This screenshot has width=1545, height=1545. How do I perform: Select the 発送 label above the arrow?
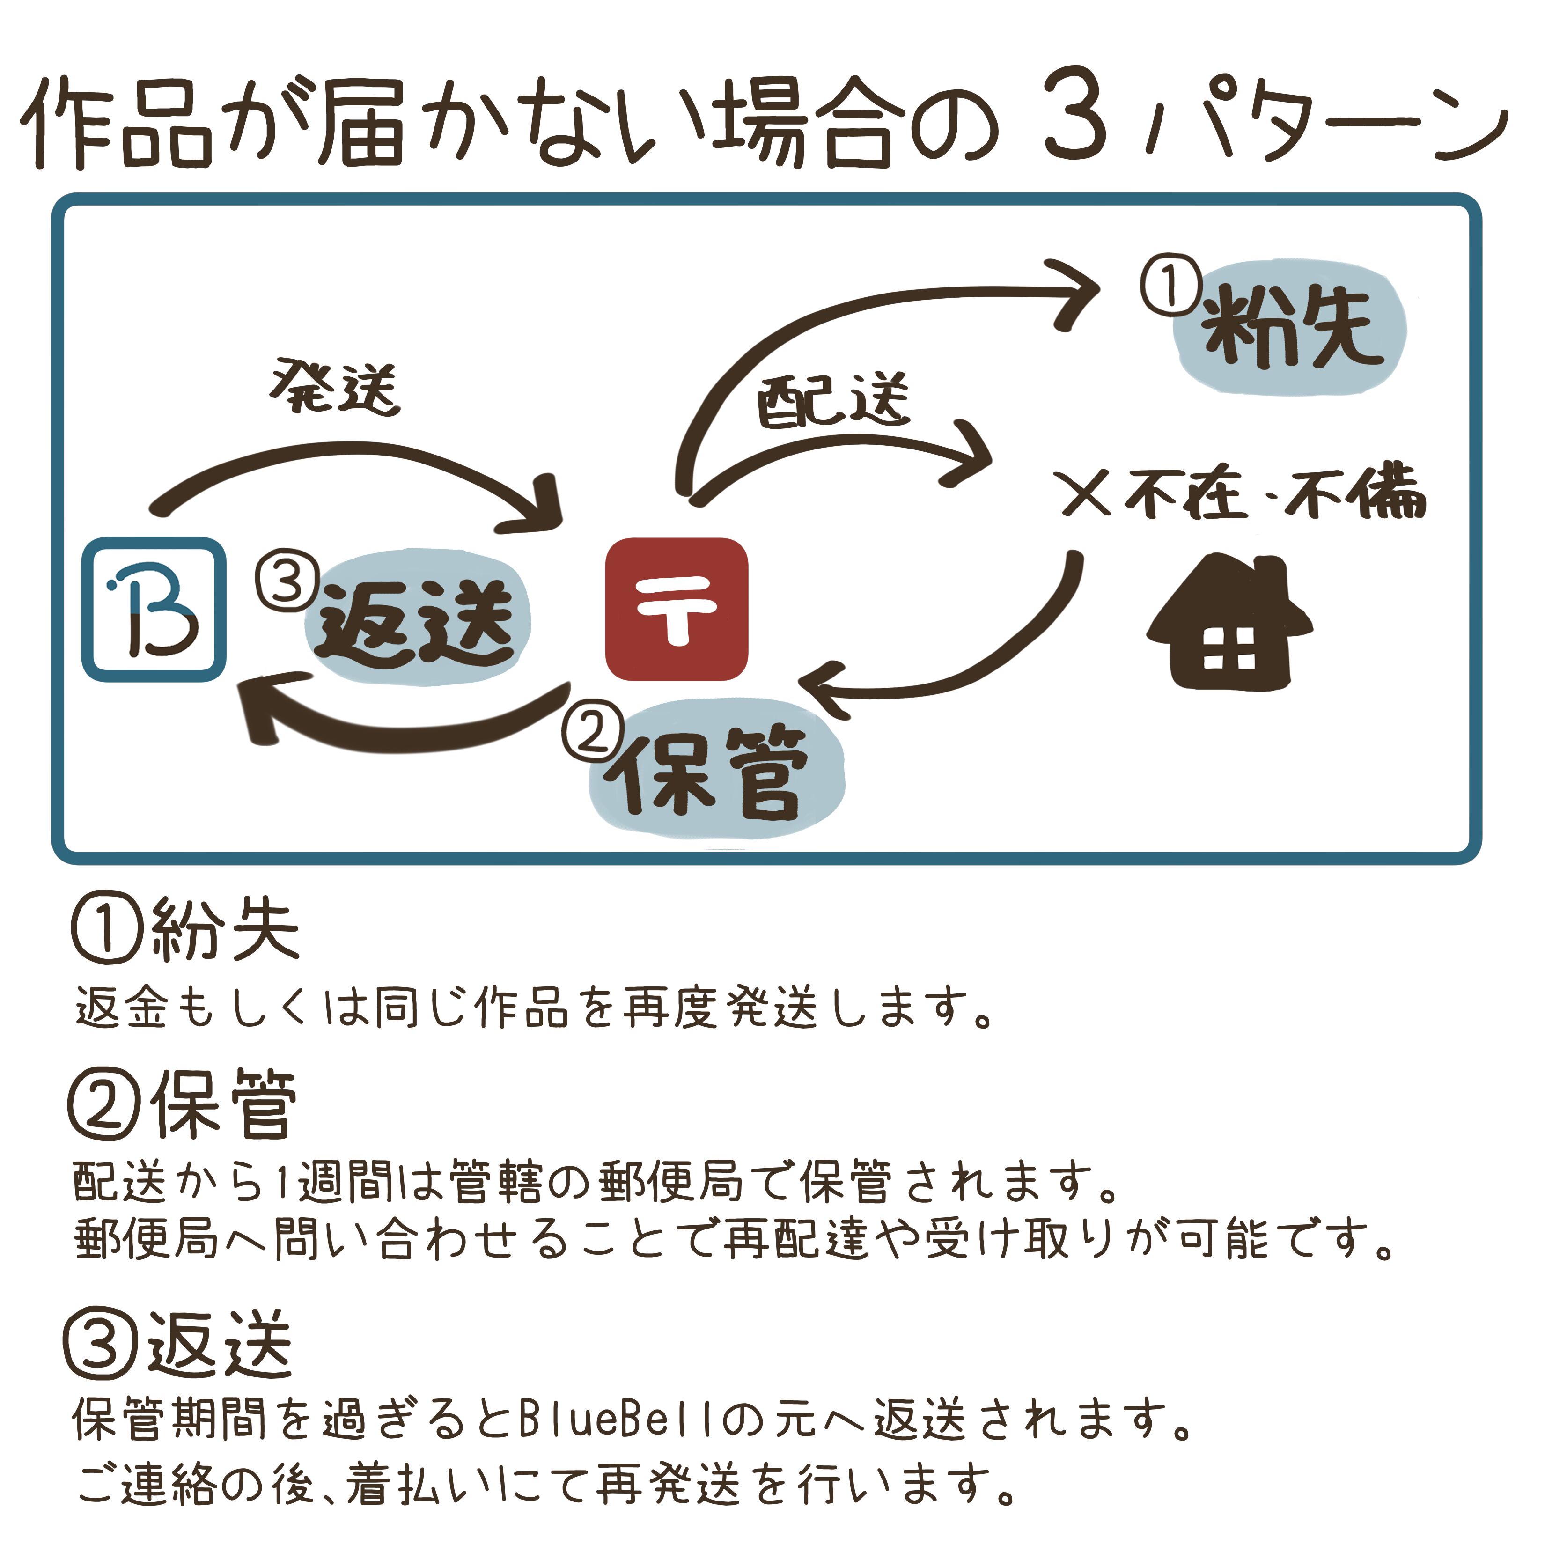click(x=334, y=387)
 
